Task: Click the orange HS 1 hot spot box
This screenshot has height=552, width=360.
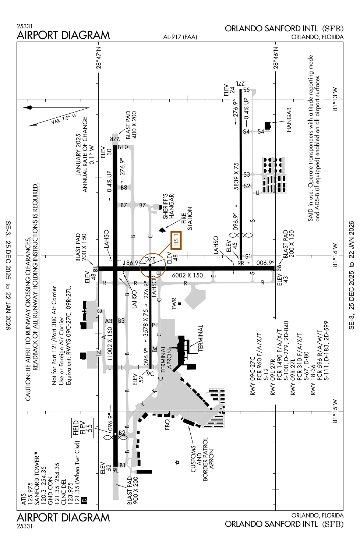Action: coord(176,240)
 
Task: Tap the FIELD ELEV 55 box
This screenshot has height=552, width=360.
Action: coord(82,428)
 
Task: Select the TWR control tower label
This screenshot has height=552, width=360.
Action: coord(174,304)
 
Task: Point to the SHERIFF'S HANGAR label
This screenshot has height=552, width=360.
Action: coord(168,206)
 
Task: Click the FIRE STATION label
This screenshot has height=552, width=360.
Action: coord(187,218)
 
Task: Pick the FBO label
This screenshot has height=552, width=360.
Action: coord(167,424)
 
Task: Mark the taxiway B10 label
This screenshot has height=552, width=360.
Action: coord(123,147)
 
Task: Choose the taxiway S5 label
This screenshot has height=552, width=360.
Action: coord(246,90)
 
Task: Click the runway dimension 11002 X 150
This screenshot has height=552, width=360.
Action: coord(110,344)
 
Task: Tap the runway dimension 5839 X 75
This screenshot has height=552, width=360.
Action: coord(236,176)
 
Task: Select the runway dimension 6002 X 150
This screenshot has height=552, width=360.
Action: coord(187,275)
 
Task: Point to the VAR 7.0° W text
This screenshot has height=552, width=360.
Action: coord(64,118)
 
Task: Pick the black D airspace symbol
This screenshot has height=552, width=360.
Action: coord(84,500)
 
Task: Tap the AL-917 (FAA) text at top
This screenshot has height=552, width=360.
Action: coord(180,37)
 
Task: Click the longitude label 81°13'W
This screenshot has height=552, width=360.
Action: coord(335,99)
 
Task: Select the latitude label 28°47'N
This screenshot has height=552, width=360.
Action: coord(99,57)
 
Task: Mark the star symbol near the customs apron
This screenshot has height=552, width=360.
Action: coord(177,462)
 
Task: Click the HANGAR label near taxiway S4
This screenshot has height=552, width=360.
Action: coord(289,120)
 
